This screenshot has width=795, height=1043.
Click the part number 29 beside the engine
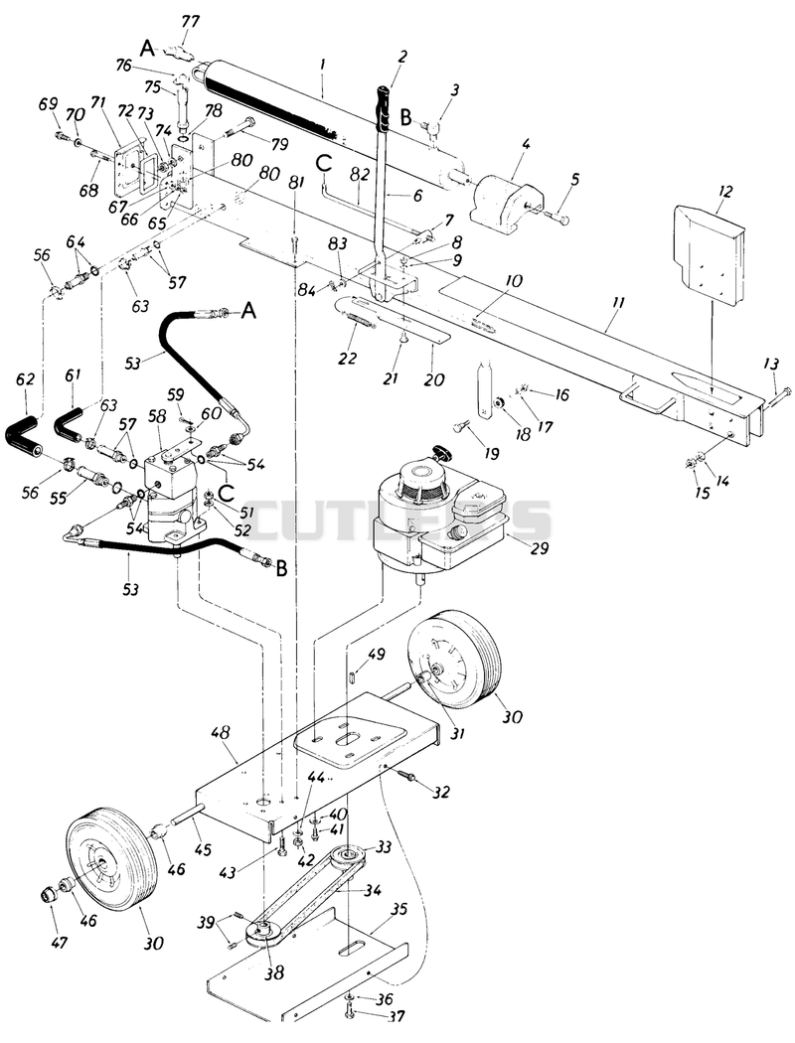pos(541,548)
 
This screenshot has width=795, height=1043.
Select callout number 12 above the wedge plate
pos(725,192)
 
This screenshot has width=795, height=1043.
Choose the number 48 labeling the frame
pos(221,733)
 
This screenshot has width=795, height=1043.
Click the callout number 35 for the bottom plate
pos(398,909)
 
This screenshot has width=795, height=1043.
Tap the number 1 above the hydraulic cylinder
pos(322,65)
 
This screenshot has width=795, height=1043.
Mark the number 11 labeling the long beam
pos(618,303)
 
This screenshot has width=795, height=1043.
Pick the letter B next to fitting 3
pos(406,117)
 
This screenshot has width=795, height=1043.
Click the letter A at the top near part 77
pos(148,48)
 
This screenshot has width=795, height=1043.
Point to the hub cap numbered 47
pos(49,897)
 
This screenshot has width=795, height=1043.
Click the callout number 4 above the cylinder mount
pos(526,142)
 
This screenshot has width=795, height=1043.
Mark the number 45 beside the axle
pos(203,849)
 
